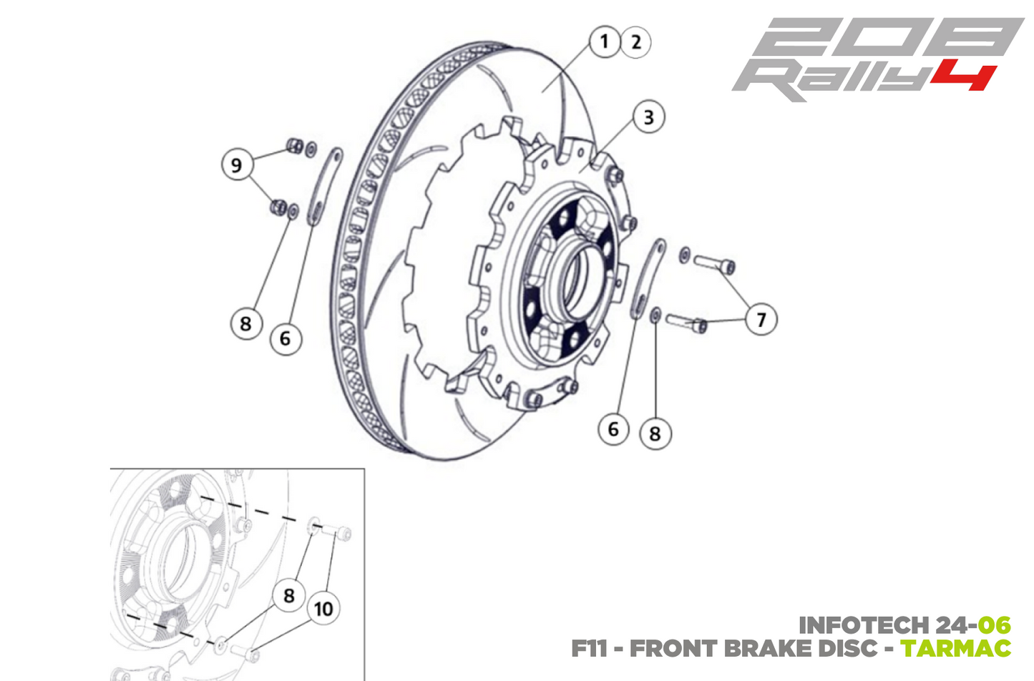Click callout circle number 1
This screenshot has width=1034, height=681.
point(605,41)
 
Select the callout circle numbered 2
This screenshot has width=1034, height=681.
point(636,42)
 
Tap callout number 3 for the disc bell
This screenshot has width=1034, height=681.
point(648,117)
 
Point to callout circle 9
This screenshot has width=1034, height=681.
point(237,165)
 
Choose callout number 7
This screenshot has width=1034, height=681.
point(761,319)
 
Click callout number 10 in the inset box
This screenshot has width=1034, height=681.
point(323,609)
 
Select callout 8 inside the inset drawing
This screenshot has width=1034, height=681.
point(289,595)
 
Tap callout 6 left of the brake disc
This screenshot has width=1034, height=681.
point(286,338)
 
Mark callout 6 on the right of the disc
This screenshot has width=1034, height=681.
point(613,429)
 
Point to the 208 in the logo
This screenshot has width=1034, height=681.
point(887,38)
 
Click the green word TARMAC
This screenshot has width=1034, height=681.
point(955,649)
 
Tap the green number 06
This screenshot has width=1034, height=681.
point(995,625)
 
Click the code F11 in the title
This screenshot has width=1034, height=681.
point(589,649)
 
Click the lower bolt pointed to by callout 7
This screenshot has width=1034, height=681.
point(687,323)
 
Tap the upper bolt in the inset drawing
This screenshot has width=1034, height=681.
point(336,532)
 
